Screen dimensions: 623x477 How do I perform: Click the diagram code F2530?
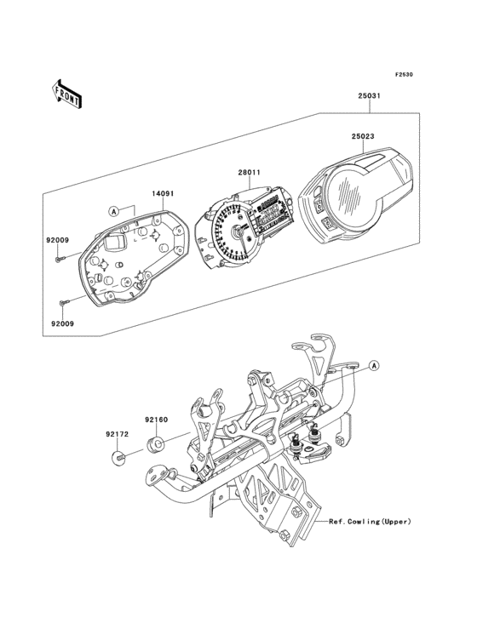(x=403, y=75)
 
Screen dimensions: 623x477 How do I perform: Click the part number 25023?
(x=362, y=134)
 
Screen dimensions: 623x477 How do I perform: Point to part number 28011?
(x=248, y=173)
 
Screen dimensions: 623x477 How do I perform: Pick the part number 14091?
(x=164, y=193)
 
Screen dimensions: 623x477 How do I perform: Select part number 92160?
(x=154, y=420)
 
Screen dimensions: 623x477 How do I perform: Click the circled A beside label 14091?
(x=112, y=209)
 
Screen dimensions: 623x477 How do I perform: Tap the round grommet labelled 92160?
(x=156, y=443)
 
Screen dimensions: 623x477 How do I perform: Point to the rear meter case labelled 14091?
(x=136, y=264)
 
